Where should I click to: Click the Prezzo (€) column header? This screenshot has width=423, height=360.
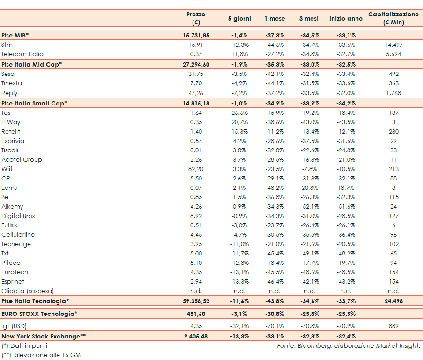tap(196, 18)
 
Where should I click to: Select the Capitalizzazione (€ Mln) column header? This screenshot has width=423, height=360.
tap(393, 18)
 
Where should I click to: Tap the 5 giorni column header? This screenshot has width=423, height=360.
tap(239, 19)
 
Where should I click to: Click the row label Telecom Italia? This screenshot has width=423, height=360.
tap(22, 54)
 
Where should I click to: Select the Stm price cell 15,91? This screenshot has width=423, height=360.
tap(196, 45)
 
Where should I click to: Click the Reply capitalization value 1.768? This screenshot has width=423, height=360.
tap(393, 93)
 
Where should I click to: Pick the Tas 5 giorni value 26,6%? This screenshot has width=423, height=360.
tap(239, 112)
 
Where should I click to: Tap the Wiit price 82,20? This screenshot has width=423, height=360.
tap(196, 169)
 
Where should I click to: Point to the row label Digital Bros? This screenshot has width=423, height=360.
tap(18, 216)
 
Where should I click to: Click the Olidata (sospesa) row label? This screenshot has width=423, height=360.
tap(28, 291)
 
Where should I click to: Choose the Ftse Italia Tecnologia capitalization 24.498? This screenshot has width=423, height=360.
tap(393, 301)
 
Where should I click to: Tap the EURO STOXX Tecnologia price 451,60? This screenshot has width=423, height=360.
tap(196, 313)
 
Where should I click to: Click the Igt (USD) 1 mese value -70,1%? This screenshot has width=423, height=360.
tap(275, 326)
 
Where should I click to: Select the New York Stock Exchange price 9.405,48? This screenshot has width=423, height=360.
tap(196, 336)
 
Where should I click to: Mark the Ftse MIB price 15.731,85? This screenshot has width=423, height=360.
tap(196, 35)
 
